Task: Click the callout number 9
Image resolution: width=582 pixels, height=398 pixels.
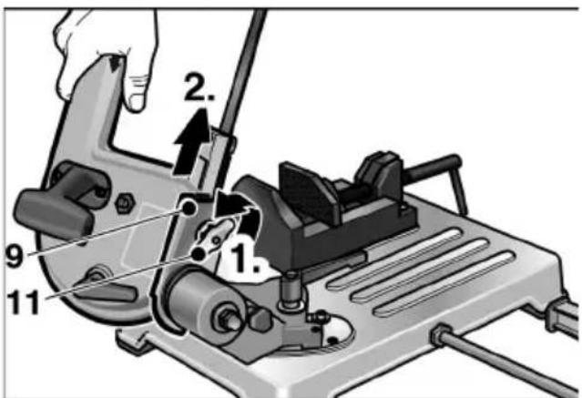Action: [15, 255]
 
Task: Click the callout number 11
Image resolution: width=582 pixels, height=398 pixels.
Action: [23, 301]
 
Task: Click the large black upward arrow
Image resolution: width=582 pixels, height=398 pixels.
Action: [191, 143]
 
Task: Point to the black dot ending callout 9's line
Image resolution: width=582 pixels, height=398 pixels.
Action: [189, 207]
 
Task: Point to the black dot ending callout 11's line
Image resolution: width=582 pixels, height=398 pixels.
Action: [199, 254]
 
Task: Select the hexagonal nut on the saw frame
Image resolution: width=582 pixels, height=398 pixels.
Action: [123, 203]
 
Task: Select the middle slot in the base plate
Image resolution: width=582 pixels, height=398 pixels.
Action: [420, 270]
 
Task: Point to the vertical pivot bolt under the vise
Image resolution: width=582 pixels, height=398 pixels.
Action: [291, 291]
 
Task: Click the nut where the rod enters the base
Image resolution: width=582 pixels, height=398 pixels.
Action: [442, 335]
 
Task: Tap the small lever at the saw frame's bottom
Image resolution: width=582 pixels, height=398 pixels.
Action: [107, 287]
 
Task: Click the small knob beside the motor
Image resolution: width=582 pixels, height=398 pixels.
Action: [260, 320]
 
